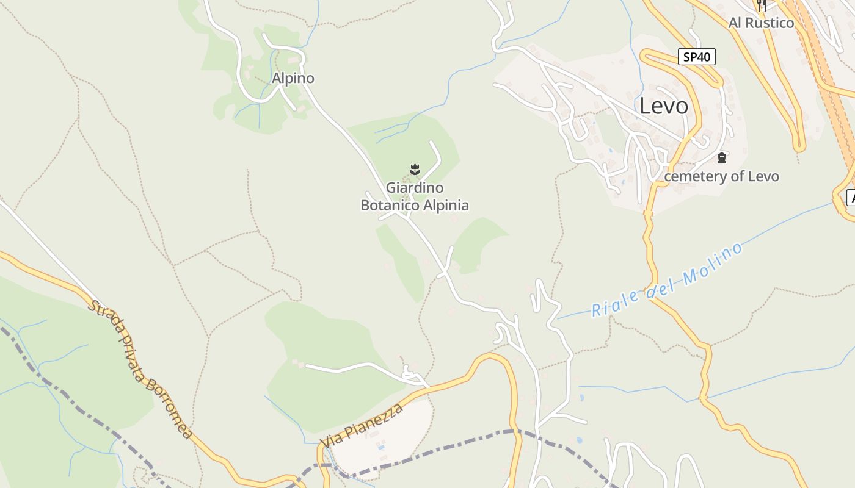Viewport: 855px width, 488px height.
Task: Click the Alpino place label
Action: [293, 78]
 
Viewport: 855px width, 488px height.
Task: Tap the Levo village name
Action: [664, 106]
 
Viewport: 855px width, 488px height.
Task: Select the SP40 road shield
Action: [696, 57]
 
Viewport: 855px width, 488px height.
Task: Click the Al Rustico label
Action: [761, 23]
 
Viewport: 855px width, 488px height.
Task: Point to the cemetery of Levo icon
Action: [722, 159]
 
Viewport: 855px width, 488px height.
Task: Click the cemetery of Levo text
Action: [721, 177]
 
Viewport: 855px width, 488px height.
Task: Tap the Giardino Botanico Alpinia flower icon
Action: [415, 169]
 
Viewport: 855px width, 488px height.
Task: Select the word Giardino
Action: [415, 188]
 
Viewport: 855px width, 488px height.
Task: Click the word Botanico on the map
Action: [388, 206]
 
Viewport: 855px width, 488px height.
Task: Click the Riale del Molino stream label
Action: [668, 279]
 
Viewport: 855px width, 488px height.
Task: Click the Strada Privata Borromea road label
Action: [140, 368]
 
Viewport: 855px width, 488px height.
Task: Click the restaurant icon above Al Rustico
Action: [761, 5]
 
